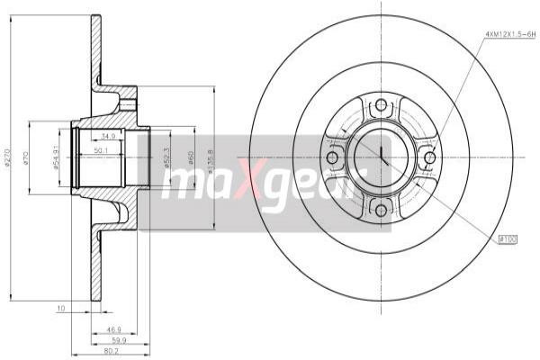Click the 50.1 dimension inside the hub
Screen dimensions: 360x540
click(102, 150)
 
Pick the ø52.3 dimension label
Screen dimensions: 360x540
click(167, 158)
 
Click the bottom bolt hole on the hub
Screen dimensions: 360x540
click(380, 210)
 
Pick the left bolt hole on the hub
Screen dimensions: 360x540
click(332, 158)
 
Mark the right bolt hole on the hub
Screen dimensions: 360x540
click(430, 158)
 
